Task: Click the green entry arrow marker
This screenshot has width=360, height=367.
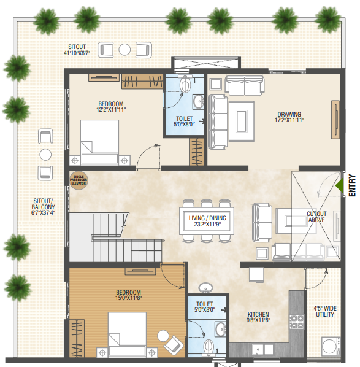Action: tap(339, 185)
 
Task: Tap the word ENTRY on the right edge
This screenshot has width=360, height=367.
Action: tap(352, 185)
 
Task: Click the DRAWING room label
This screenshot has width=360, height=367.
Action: tap(289, 117)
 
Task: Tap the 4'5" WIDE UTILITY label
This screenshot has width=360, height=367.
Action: tap(324, 311)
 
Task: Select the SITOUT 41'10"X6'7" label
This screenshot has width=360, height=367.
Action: tap(79, 50)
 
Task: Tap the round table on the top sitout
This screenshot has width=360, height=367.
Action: tap(124, 49)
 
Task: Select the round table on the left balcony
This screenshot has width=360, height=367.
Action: tap(45, 154)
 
